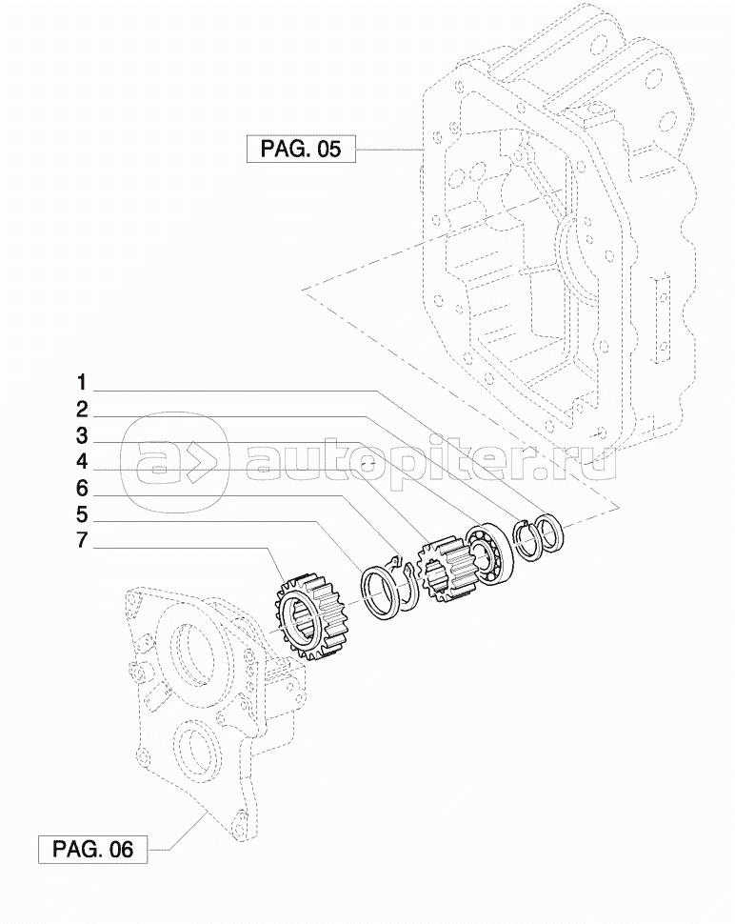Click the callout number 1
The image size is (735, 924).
[x=82, y=383]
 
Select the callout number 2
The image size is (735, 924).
[x=82, y=410]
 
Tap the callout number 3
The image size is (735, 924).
[x=82, y=436]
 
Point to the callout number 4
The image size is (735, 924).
[x=82, y=462]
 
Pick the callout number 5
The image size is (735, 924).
[x=82, y=514]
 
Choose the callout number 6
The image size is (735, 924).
[x=82, y=489]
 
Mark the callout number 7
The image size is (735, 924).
[x=82, y=540]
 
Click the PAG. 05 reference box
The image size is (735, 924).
[x=301, y=149]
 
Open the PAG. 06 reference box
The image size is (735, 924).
[x=93, y=849]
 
